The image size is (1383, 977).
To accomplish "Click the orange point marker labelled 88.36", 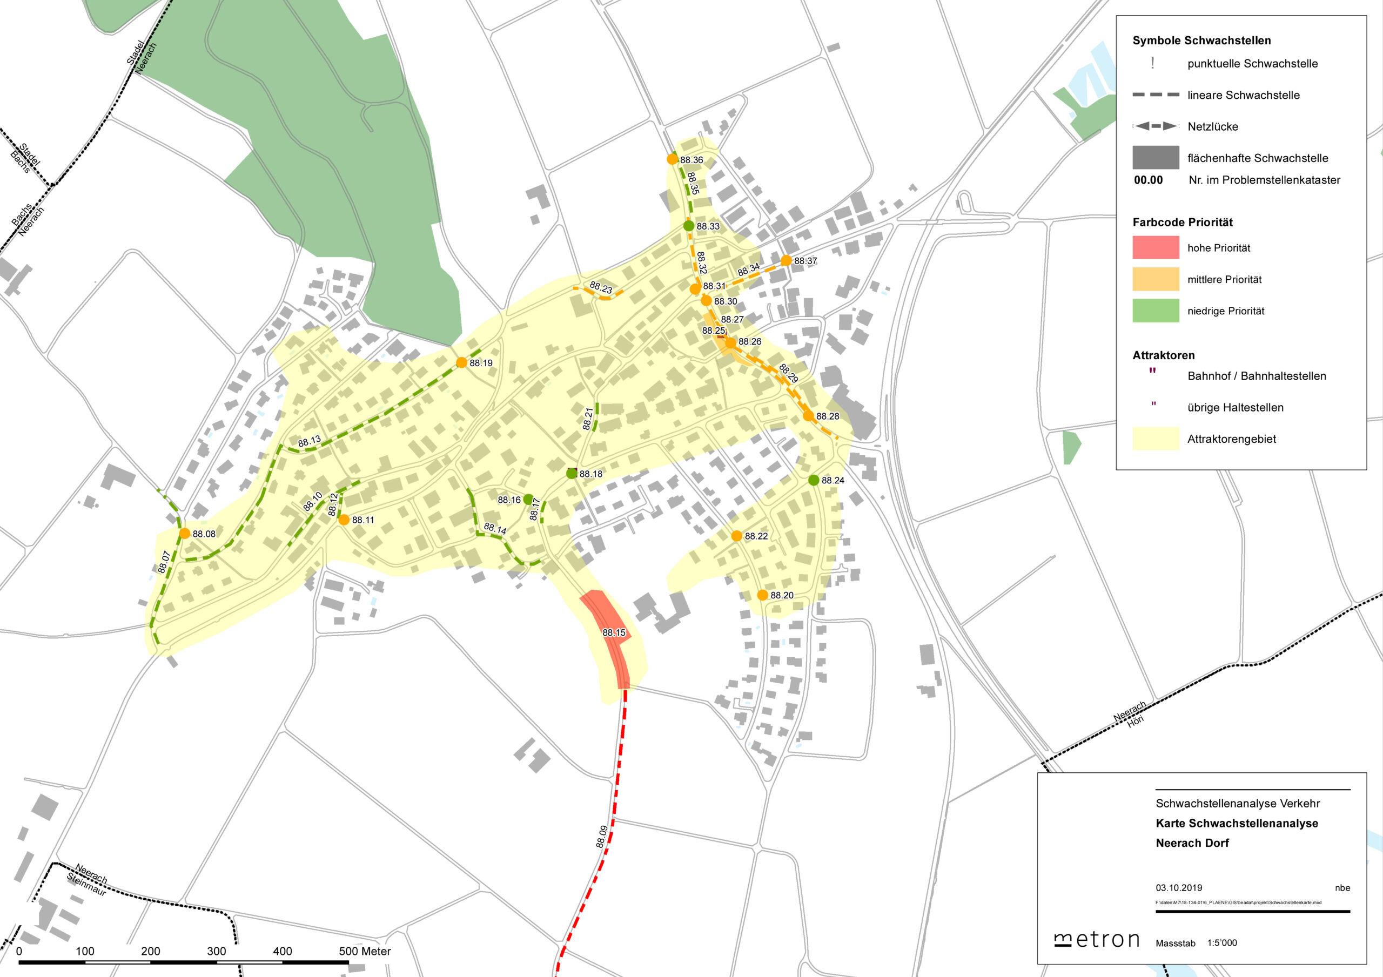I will coord(672,159).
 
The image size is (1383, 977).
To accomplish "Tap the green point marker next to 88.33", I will coord(688,226).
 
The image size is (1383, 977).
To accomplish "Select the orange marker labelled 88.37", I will coord(786,260).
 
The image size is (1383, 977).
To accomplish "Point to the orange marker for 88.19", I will coord(461,362).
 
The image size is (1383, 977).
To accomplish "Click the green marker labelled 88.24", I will coord(813,480).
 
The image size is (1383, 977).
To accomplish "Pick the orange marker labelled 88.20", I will coord(763,595).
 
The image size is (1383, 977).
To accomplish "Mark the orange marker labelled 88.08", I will coord(184,533).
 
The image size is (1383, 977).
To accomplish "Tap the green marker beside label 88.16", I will coord(528,500).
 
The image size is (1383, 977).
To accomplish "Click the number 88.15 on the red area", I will coord(614,632).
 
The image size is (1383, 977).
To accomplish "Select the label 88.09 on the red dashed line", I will coord(602,837).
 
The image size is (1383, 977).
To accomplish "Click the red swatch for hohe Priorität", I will coord(1156,247).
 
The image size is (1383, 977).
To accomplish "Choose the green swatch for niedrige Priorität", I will coord(1156,311).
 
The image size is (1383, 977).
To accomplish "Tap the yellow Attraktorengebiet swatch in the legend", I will coord(1156,439).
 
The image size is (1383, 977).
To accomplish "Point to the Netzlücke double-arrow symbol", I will coord(1156,126).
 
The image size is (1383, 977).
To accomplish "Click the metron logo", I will coord(1097,940).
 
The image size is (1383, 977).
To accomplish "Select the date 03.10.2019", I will coord(1179,888).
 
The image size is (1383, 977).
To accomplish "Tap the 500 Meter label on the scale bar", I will coord(365,951).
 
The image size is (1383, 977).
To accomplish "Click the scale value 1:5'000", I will coord(1221,942).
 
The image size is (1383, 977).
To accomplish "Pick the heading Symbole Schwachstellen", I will coord(1201,41).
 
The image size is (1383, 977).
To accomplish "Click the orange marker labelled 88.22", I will coord(736,536).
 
